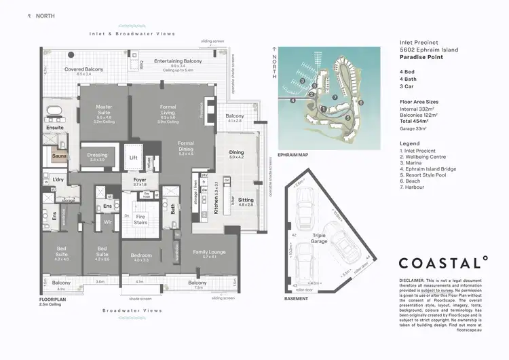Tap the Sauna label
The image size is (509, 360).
pos(59,156)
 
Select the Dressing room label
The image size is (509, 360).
pos(97,155)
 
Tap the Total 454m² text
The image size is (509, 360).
pos(417,119)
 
